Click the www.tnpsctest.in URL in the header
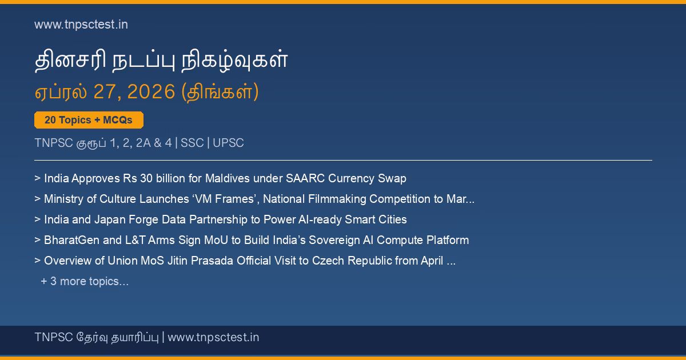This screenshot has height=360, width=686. coord(81,25)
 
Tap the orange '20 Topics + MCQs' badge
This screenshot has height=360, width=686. coord(89,120)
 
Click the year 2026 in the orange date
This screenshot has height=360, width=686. coord(151,91)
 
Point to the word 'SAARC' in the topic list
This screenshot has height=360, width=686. coord(305,178)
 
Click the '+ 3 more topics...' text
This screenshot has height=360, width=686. coord(85,281)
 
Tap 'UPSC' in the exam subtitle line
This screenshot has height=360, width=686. coord(228,143)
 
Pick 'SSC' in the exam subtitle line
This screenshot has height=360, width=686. coord(192,143)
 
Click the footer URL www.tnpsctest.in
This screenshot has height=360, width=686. coord(213,337)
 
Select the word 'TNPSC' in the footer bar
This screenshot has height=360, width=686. coord(54,337)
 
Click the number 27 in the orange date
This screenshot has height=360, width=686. coord(104,91)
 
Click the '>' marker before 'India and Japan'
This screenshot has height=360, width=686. coord(37,219)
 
